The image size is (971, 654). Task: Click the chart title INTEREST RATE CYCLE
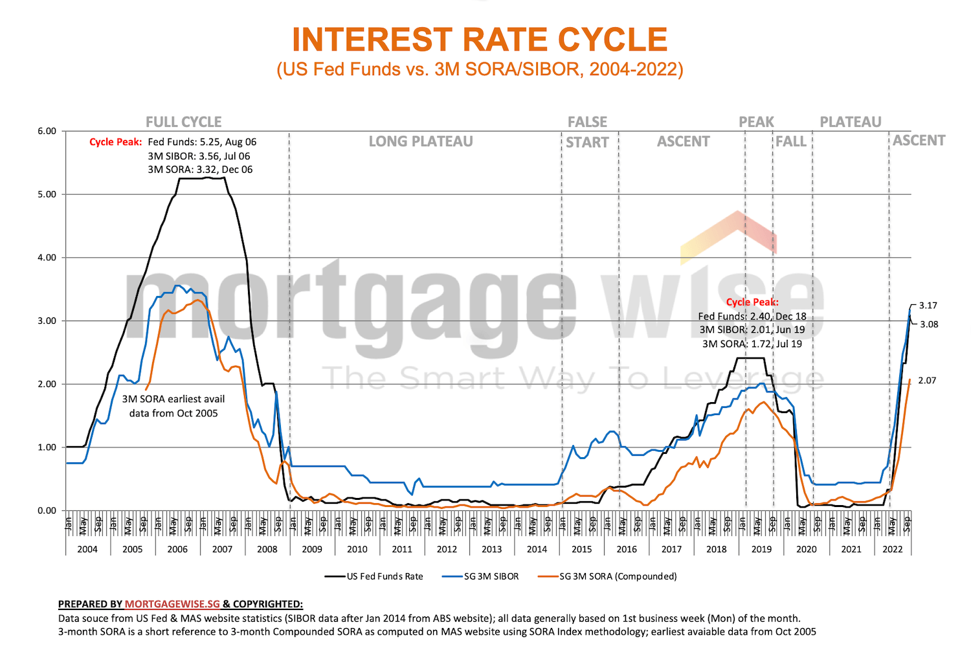pos(480,40)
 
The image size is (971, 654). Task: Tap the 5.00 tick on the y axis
pos(47,194)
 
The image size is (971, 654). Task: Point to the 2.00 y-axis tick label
pos(47,384)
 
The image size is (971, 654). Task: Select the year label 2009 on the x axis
pos(312,549)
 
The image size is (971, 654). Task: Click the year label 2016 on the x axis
pos(627,549)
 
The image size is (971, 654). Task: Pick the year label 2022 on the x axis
pos(893,549)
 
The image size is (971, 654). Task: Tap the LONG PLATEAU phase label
pos(421,142)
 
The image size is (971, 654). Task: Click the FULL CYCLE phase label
pos(184,122)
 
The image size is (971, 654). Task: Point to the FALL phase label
pos(791,142)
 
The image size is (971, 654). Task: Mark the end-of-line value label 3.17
pos(928,306)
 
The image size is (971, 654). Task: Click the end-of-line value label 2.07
pos(927,381)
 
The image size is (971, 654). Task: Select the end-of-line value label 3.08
pos(929,324)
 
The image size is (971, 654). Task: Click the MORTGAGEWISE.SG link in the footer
pos(172,604)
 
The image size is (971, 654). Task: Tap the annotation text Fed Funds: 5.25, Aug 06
pos(202,142)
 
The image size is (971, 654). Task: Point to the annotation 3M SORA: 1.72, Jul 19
pos(752,344)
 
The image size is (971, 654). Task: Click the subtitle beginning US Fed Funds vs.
pos(480,69)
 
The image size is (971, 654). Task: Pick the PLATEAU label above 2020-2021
pos(851,122)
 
